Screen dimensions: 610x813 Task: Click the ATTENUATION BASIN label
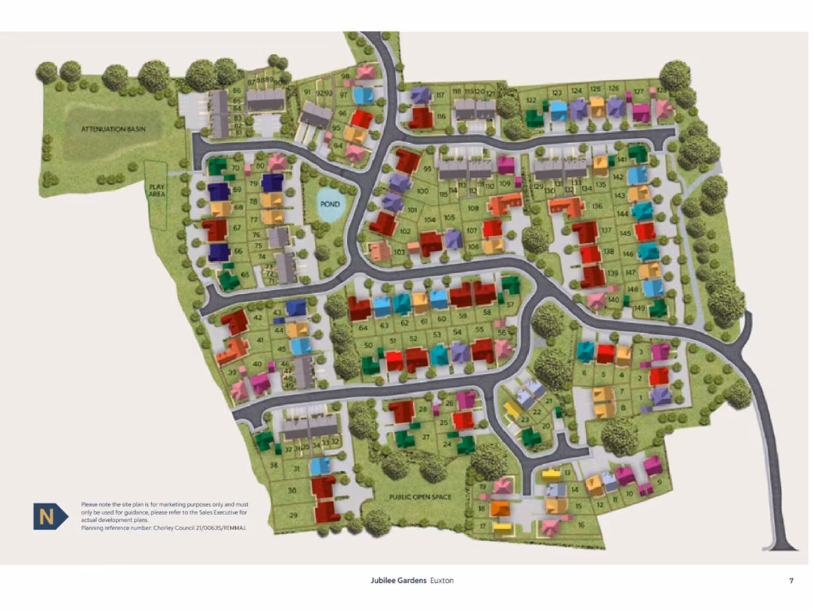pos(113,128)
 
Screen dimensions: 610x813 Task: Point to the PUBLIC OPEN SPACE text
pos(420,497)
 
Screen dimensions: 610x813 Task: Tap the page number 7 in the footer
pos(791,581)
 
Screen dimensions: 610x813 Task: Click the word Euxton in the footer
pos(442,581)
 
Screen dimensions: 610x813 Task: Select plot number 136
pos(597,206)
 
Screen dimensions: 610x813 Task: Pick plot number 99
pos(428,170)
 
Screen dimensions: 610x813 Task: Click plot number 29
pos(292,515)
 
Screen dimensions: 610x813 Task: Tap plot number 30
pos(292,491)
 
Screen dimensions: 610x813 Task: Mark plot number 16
pos(580,524)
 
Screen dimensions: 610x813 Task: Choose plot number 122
pos(531,101)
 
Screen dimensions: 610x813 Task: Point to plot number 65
pos(245,275)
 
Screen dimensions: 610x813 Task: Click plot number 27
pos(426,437)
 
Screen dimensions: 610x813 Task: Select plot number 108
pos(474,208)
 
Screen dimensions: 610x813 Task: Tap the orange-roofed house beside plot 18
pos(499,508)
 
